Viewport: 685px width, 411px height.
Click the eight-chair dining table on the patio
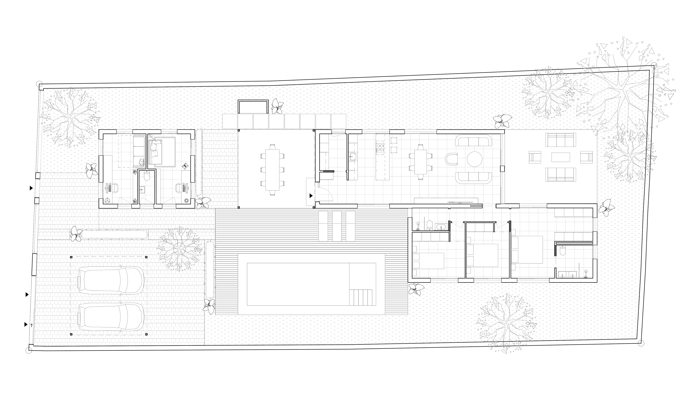[272, 170]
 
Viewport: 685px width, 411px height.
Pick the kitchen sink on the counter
[352, 157]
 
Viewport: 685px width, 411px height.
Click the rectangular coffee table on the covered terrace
[560, 157]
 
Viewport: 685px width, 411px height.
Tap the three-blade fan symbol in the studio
[107, 200]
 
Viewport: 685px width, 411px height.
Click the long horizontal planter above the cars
[115, 234]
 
